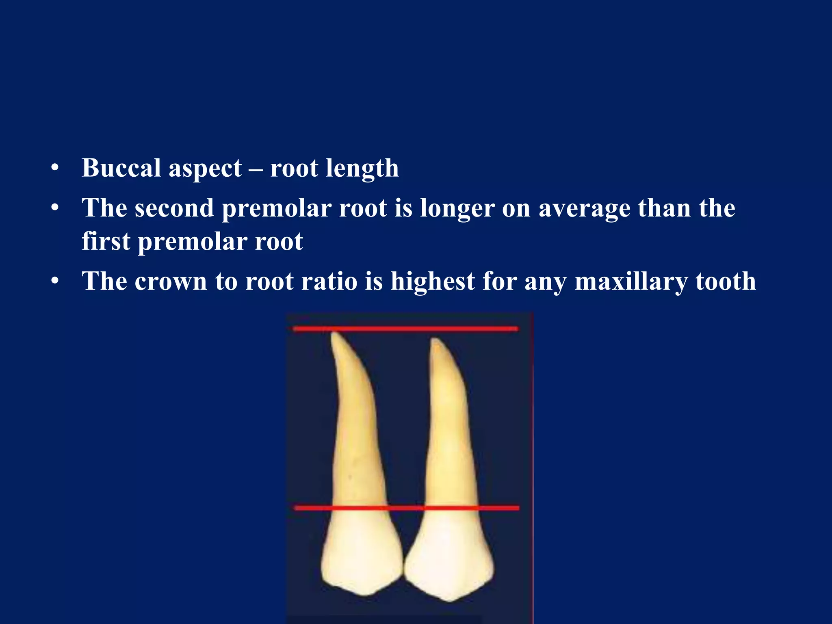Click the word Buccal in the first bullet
121,168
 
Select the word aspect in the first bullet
205,169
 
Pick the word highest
433,281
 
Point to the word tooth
726,281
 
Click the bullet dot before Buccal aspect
55,168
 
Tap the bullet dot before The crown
55,281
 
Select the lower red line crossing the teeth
406,508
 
